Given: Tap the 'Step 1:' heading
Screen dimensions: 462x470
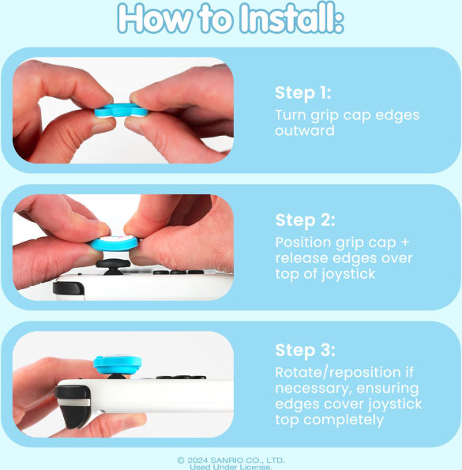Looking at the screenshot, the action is [303, 92].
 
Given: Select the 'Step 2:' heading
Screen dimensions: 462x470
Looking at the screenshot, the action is [305, 220].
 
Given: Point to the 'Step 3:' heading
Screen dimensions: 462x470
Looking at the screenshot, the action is [305, 350].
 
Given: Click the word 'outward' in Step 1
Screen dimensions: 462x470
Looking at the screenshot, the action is [305, 130].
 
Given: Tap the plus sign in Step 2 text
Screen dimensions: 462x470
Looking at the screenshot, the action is [405, 242].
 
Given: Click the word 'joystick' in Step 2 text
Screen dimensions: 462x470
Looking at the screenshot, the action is [348, 274].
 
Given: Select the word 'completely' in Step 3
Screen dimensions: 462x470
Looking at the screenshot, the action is [344, 420].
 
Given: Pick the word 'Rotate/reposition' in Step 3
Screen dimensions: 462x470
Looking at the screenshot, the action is [338, 373].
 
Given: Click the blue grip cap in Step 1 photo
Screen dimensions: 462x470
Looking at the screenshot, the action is [122, 111].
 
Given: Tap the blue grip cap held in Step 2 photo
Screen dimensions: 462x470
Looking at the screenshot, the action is [115, 243].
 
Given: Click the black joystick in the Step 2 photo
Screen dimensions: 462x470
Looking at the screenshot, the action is [113, 266].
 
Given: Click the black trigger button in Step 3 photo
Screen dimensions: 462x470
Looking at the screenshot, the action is [73, 407].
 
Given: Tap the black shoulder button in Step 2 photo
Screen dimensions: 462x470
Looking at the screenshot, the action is [68, 288].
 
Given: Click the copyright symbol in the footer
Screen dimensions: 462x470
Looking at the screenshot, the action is [181, 460].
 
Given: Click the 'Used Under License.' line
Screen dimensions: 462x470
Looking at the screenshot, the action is [231, 467].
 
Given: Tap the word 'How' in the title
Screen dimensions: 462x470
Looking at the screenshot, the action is [155, 18].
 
